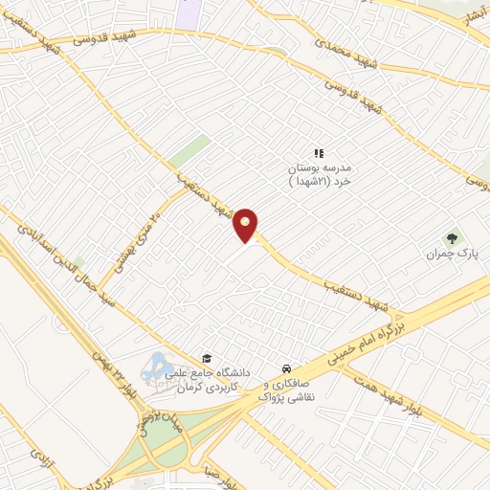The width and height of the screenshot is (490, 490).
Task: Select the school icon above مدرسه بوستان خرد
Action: tap(320, 152)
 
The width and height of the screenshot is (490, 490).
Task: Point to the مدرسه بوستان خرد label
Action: tap(321, 173)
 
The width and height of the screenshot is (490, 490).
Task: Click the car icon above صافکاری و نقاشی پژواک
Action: tap(286, 368)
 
